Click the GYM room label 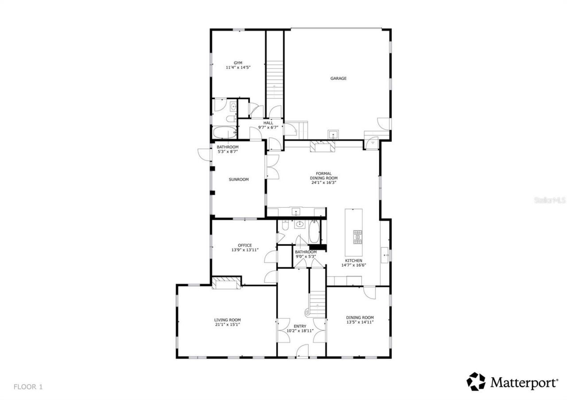(x=238, y=63)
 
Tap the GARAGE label (x=338, y=78)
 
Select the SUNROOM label (x=238, y=180)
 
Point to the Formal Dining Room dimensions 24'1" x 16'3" (x=323, y=182)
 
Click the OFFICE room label (x=245, y=246)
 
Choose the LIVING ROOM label (x=227, y=320)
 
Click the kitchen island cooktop (x=357, y=237)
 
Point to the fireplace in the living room (x=226, y=283)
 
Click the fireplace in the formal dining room (x=323, y=146)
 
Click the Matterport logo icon (x=476, y=381)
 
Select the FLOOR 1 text (x=28, y=387)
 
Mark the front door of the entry (x=303, y=353)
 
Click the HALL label (x=268, y=123)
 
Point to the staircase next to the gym (x=274, y=80)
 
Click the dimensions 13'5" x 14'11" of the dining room (x=360, y=322)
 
